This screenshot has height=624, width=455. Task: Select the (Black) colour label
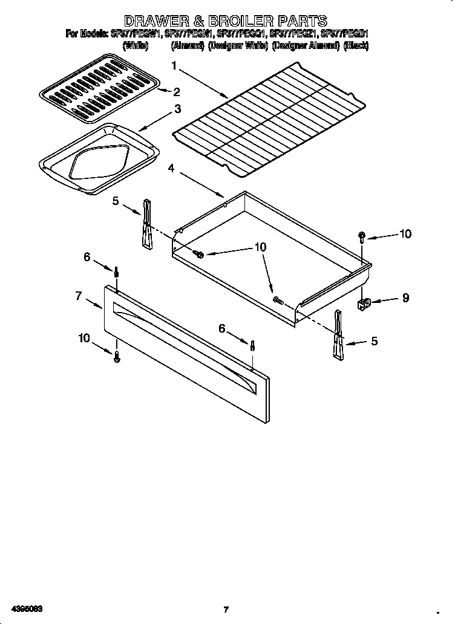click(x=356, y=45)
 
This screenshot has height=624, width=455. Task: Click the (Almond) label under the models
click(x=187, y=45)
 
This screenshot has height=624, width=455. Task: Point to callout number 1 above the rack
click(x=174, y=65)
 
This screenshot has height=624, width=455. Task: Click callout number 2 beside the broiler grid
click(x=177, y=93)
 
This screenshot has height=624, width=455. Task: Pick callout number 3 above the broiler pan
click(x=177, y=109)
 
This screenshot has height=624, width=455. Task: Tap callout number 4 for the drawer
click(x=172, y=169)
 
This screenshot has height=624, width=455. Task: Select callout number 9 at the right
click(x=405, y=297)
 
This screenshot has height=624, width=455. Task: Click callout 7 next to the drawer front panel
click(x=79, y=296)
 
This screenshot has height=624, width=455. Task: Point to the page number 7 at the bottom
click(x=225, y=609)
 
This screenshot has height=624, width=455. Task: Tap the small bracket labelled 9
click(x=365, y=302)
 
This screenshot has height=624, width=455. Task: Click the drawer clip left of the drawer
click(x=147, y=224)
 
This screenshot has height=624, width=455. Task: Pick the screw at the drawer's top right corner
click(x=362, y=236)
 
